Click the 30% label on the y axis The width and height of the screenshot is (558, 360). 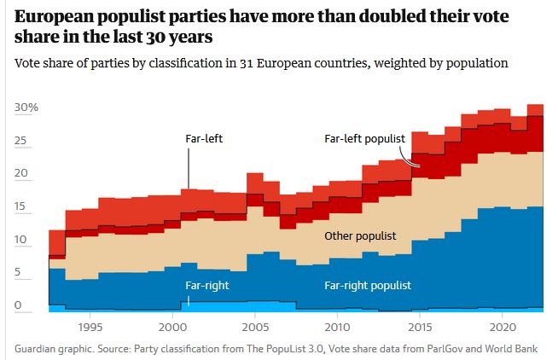point(26,108)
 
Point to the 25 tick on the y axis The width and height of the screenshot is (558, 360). point(22,142)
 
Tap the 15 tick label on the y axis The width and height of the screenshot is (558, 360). point(22,207)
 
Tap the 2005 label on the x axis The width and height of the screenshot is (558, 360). point(254,327)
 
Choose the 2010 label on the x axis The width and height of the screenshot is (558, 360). point(337,327)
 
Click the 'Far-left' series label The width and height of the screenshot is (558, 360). point(203,137)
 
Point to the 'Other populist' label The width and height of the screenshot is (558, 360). point(360,234)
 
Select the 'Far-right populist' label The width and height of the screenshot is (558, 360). point(367,285)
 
